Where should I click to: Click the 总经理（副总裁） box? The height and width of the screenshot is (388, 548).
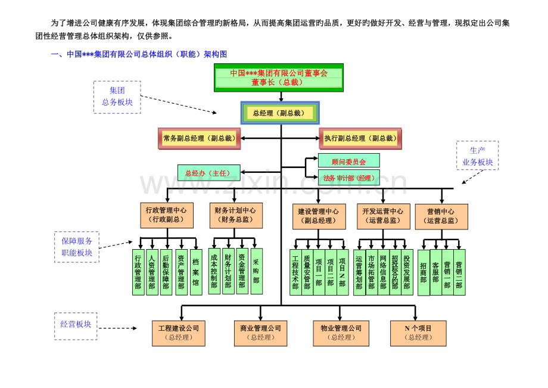coord(279,113)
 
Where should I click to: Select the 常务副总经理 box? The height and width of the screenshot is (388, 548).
coord(199,138)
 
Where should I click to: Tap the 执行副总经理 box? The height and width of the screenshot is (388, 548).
coord(360,138)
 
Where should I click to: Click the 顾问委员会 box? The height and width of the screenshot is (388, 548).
coord(348,161)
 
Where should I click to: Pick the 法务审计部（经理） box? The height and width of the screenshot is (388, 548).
coord(348,178)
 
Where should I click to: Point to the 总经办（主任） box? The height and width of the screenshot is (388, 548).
coord(208,173)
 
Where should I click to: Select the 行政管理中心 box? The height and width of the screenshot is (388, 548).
coord(166,215)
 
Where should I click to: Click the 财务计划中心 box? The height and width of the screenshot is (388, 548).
coord(236,215)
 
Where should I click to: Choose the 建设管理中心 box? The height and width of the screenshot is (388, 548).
coord(319,216)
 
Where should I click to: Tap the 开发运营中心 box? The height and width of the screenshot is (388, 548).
coord(383,216)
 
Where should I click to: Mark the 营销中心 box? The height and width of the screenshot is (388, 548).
coord(441,216)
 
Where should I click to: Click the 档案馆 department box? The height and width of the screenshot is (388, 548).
coord(195,272)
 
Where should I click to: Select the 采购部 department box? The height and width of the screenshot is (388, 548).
coord(256,271)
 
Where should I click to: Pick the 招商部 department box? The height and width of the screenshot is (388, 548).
coord(424,272)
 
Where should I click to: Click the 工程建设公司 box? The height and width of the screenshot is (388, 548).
coord(178,333)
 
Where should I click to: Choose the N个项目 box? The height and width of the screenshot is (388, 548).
coord(418,333)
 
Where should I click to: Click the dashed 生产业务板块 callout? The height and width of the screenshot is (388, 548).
coord(477,156)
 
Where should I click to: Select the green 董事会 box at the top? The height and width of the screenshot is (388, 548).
coord(279,77)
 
